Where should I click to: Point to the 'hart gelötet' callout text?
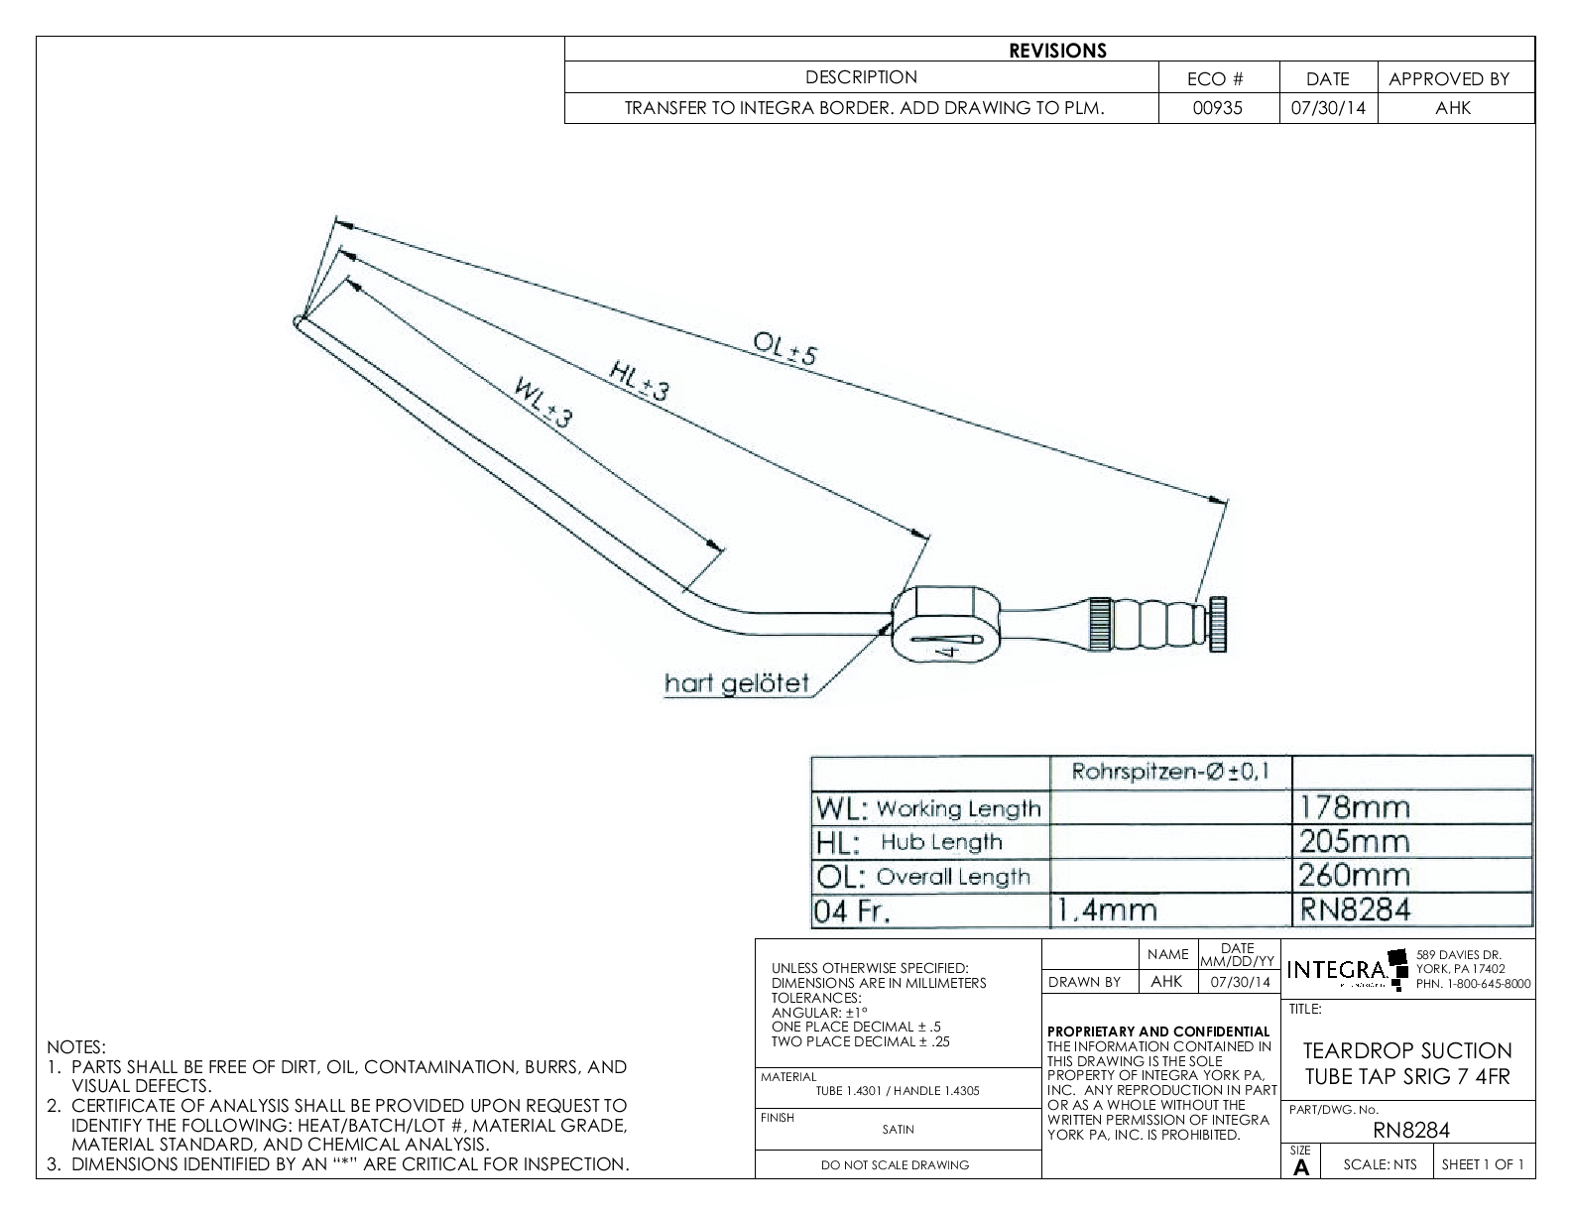(x=737, y=683)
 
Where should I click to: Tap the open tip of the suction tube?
(x=299, y=320)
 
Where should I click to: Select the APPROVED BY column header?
(x=1448, y=79)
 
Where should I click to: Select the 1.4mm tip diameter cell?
(x=1108, y=910)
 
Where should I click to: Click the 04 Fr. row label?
(x=852, y=910)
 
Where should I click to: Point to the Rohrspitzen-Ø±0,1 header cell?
(x=1169, y=771)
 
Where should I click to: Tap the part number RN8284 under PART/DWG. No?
(x=1411, y=1130)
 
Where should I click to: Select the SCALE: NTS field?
(x=1380, y=1164)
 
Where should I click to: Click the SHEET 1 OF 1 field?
(x=1482, y=1164)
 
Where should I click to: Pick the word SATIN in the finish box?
(x=898, y=1129)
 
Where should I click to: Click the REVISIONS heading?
(x=1057, y=51)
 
